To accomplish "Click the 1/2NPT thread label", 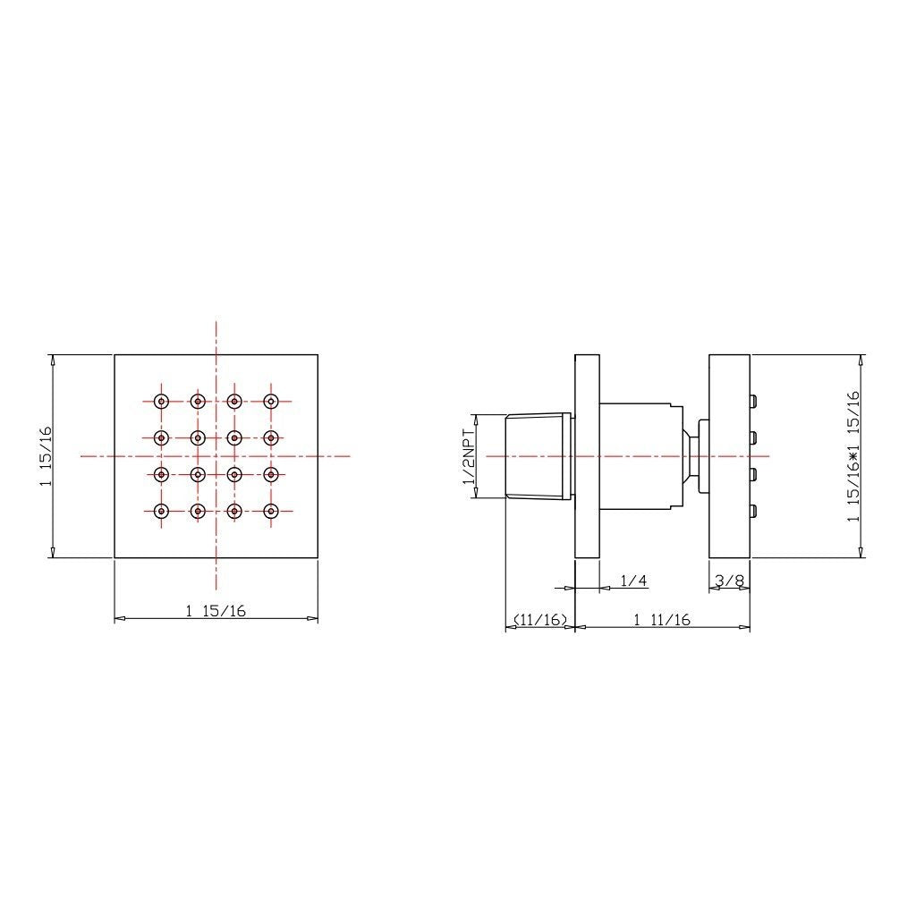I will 467,456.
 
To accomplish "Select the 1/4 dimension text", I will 633,581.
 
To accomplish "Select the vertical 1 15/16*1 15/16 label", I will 853,456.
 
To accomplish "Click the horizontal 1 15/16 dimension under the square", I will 216,611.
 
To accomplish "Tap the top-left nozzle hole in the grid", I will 161,401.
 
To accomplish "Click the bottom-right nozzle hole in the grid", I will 271,512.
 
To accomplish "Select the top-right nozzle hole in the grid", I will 271,401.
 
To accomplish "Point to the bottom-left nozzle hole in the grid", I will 161,512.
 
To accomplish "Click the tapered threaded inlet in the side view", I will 538,456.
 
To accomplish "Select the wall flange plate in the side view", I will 587,456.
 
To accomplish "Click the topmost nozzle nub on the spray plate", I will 754,400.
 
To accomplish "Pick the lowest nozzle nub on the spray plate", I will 754,512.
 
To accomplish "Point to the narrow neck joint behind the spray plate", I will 691,456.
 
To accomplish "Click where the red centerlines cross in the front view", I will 216,456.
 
